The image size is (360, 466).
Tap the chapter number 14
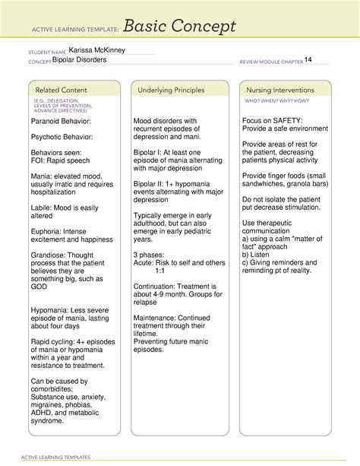coord(308,60)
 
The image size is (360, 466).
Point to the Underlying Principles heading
coord(172,90)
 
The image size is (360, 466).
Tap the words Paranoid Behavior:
coord(61,121)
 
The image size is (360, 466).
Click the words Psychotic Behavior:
coord(62,137)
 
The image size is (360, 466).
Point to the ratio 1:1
coord(160,270)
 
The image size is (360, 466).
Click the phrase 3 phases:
coord(151,253)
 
